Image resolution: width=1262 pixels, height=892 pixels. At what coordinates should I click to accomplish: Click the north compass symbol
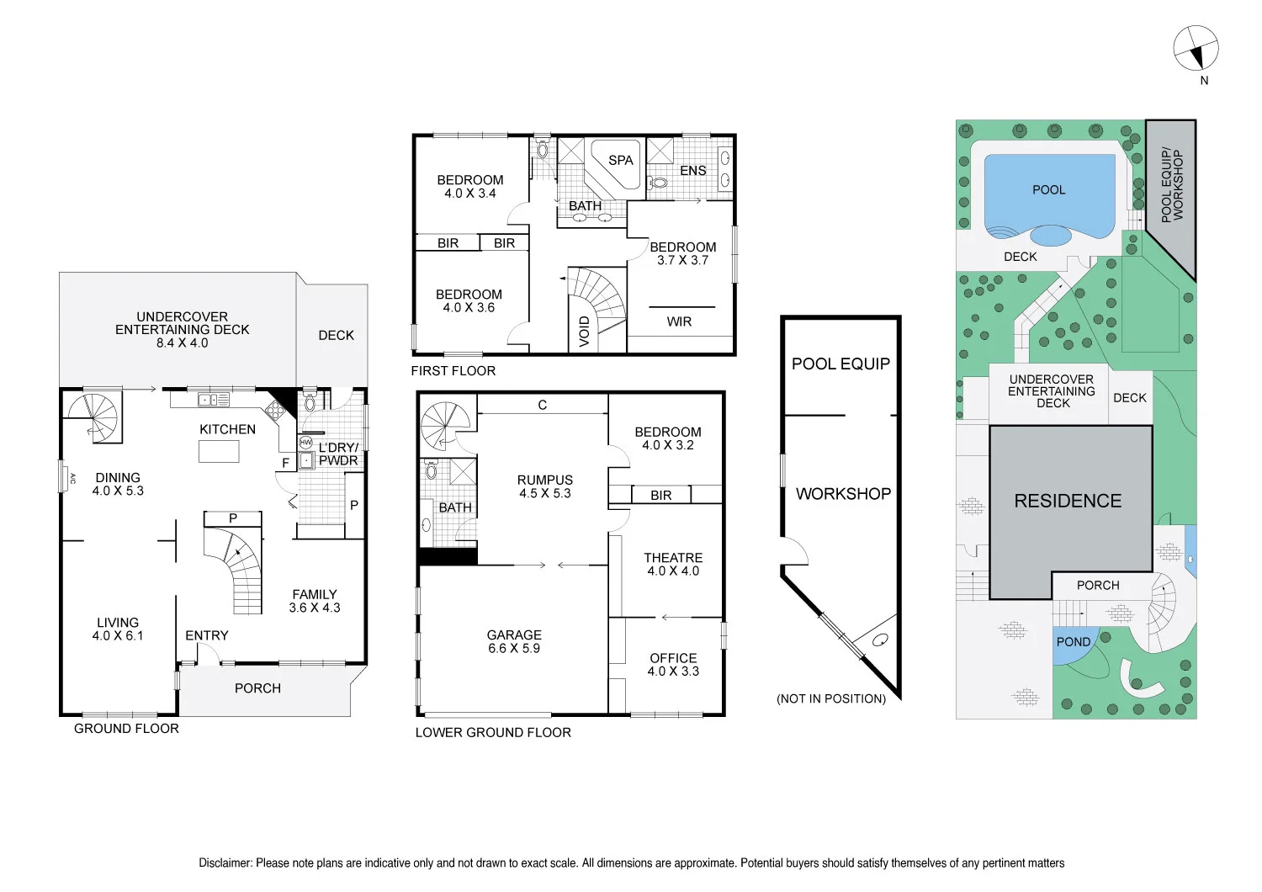tap(1196, 48)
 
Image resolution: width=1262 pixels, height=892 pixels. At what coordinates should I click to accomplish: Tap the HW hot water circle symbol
tap(305, 442)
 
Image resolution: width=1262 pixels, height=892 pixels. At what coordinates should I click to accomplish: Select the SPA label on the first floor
tap(620, 160)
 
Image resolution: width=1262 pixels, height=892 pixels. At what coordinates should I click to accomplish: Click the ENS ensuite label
tap(692, 171)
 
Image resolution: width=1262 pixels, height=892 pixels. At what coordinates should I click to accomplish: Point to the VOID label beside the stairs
tap(585, 331)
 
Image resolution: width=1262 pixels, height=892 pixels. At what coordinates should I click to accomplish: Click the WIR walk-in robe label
tap(679, 321)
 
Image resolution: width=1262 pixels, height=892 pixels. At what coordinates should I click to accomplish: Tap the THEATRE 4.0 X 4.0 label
tap(673, 564)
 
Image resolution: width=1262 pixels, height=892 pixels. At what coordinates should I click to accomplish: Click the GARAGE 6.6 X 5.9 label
tap(514, 641)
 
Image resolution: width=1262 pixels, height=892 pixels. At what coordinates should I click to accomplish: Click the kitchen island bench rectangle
tap(219, 452)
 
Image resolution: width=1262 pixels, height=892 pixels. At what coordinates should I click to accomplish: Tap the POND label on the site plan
tap(1073, 642)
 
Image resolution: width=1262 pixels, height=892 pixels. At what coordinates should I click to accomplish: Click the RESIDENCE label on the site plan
tap(1068, 501)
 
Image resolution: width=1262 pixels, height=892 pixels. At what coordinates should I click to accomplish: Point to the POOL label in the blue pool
tap(1048, 190)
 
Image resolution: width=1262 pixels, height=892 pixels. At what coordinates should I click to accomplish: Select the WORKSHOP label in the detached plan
tap(843, 494)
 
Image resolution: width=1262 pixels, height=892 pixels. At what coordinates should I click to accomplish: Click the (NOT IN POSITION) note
tap(831, 698)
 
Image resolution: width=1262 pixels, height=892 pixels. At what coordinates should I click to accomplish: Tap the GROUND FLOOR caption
tap(126, 729)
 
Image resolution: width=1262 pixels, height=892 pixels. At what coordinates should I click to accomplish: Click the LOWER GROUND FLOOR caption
tap(493, 733)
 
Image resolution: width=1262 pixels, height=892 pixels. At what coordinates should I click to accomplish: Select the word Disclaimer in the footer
tap(225, 863)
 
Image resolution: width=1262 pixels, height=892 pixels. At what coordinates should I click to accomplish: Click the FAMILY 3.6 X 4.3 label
tap(315, 601)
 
